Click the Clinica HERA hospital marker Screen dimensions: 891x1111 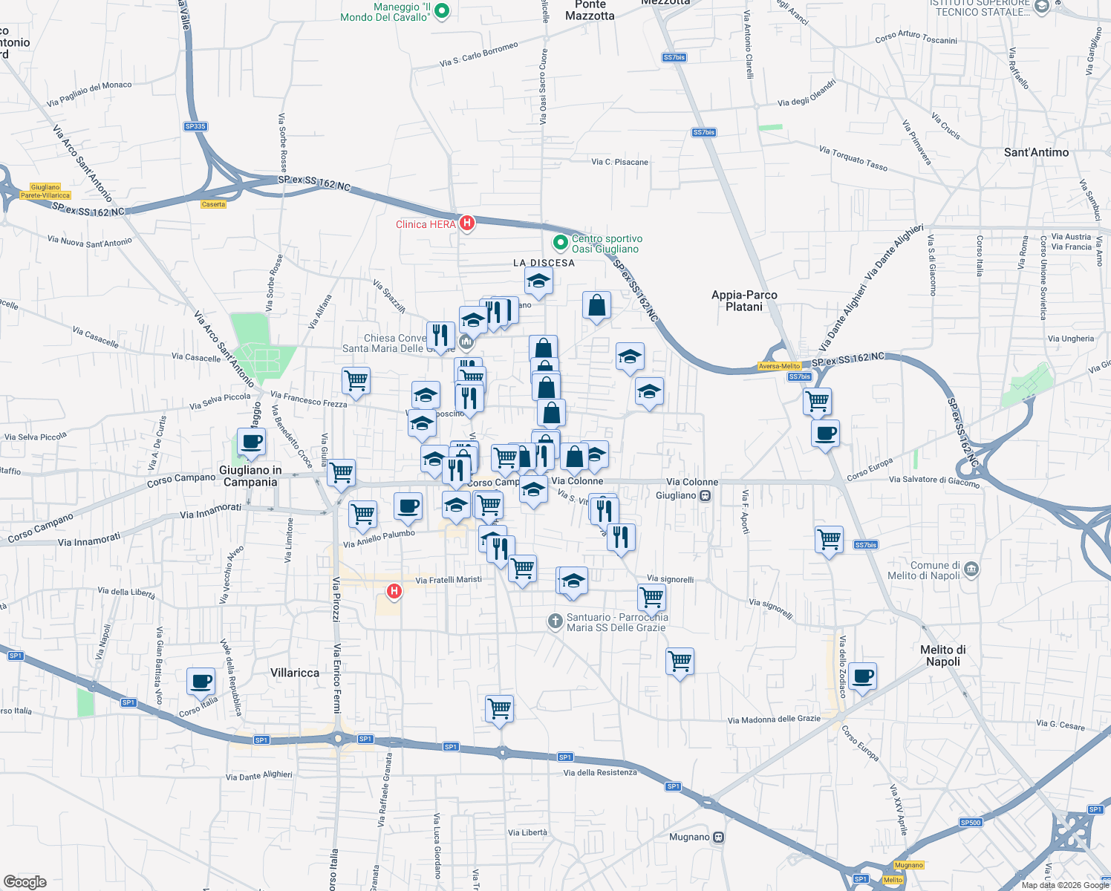click(x=466, y=223)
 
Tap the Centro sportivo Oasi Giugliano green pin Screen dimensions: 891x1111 click(x=561, y=243)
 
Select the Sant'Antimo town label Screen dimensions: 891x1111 click(x=1036, y=152)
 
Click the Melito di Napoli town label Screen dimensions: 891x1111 click(x=942, y=656)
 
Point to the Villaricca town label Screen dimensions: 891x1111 click(x=295, y=673)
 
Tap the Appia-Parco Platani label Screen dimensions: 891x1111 click(x=744, y=301)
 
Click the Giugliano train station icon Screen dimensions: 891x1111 click(x=706, y=495)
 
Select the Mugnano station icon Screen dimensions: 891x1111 click(x=718, y=837)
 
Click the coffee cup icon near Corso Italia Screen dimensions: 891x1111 click(x=201, y=680)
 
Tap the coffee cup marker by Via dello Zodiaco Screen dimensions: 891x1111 click(x=862, y=676)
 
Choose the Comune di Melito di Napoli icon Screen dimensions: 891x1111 click(x=971, y=569)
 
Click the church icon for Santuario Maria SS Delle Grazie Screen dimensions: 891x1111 click(x=555, y=621)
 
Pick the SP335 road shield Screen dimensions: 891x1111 click(x=195, y=126)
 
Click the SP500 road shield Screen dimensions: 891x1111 click(x=971, y=822)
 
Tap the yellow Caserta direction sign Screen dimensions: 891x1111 click(x=213, y=204)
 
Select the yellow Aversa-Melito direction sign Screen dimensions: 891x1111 click(x=779, y=366)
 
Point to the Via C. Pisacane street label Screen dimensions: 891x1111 click(x=619, y=162)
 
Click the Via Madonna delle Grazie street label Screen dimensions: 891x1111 click(x=774, y=719)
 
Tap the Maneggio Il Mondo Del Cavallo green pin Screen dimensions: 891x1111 click(x=442, y=11)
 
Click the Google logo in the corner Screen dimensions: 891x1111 click(x=25, y=881)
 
